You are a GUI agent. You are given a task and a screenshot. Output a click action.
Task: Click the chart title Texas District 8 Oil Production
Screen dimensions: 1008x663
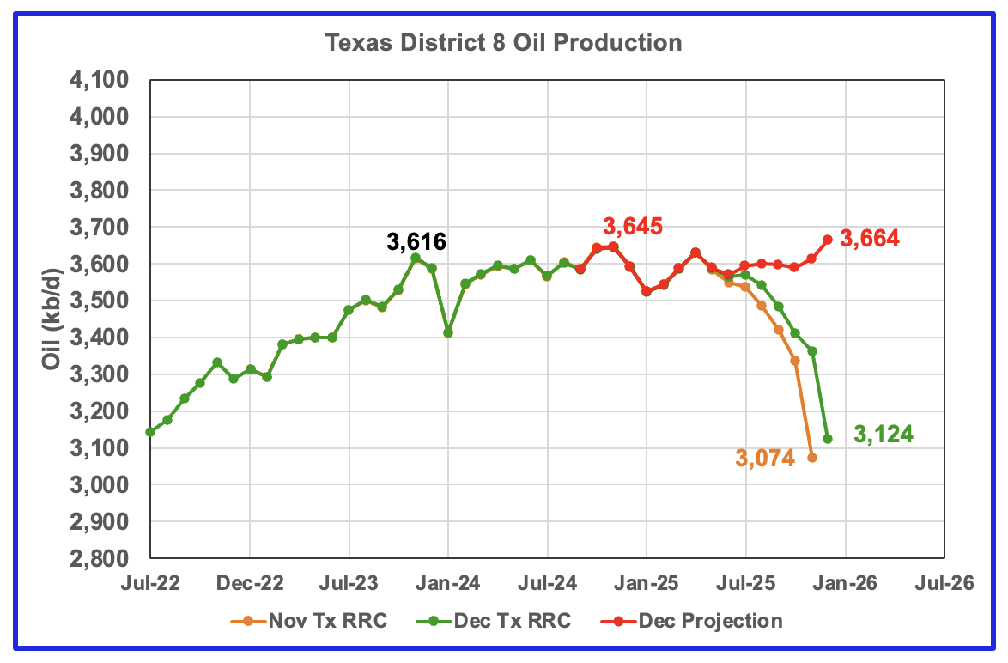tap(503, 42)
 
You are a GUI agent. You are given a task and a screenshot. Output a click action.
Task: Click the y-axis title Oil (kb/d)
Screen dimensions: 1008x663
tap(52, 319)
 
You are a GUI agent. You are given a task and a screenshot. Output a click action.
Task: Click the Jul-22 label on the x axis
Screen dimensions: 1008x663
tap(150, 583)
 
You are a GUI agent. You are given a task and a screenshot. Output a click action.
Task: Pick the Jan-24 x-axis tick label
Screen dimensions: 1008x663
tap(449, 583)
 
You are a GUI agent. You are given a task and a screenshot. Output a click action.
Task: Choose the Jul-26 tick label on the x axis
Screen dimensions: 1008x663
tap(944, 583)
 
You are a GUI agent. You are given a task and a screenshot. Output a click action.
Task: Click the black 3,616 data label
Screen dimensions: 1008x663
tap(416, 242)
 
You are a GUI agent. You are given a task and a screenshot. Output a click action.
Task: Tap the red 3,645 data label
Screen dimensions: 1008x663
tap(633, 227)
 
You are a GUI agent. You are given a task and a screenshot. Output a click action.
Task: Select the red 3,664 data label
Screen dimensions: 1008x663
tap(870, 239)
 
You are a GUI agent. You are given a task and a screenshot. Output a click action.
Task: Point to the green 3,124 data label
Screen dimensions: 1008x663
tap(884, 435)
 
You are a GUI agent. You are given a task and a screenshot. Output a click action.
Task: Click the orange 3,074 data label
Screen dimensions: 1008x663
tap(765, 458)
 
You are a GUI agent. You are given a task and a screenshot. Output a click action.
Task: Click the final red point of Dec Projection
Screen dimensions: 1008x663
tap(828, 240)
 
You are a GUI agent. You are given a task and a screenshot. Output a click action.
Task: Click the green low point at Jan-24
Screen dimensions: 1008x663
tap(448, 332)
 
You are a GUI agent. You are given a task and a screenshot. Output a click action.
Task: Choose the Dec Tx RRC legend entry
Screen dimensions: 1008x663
tap(494, 621)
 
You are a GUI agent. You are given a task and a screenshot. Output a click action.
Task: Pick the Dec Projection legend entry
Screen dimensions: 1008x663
tap(692, 621)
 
